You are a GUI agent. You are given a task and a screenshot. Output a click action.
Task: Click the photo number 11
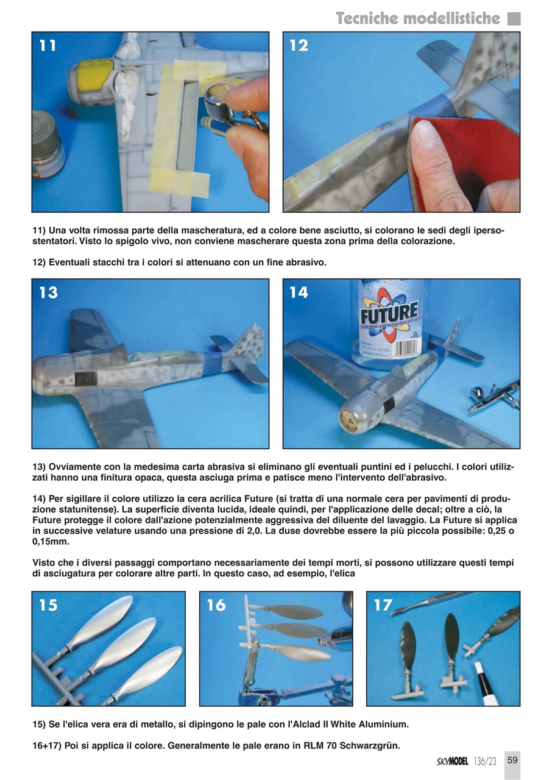pos(48,46)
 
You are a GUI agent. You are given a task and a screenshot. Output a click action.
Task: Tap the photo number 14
pos(299,292)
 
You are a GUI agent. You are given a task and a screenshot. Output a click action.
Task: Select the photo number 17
pos(383,605)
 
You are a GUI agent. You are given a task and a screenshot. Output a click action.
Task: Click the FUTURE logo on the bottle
pos(389,313)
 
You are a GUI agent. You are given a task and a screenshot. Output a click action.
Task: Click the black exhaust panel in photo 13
pos(86,379)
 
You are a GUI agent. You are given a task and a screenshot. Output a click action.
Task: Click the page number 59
pos(512,760)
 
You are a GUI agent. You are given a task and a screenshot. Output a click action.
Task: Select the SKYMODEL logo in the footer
pos(453,762)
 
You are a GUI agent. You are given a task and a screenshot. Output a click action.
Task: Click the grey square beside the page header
pos(514,18)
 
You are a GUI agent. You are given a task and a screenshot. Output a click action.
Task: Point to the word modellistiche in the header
pos(451,18)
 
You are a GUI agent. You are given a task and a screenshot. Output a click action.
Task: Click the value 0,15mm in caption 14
pos(51,542)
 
